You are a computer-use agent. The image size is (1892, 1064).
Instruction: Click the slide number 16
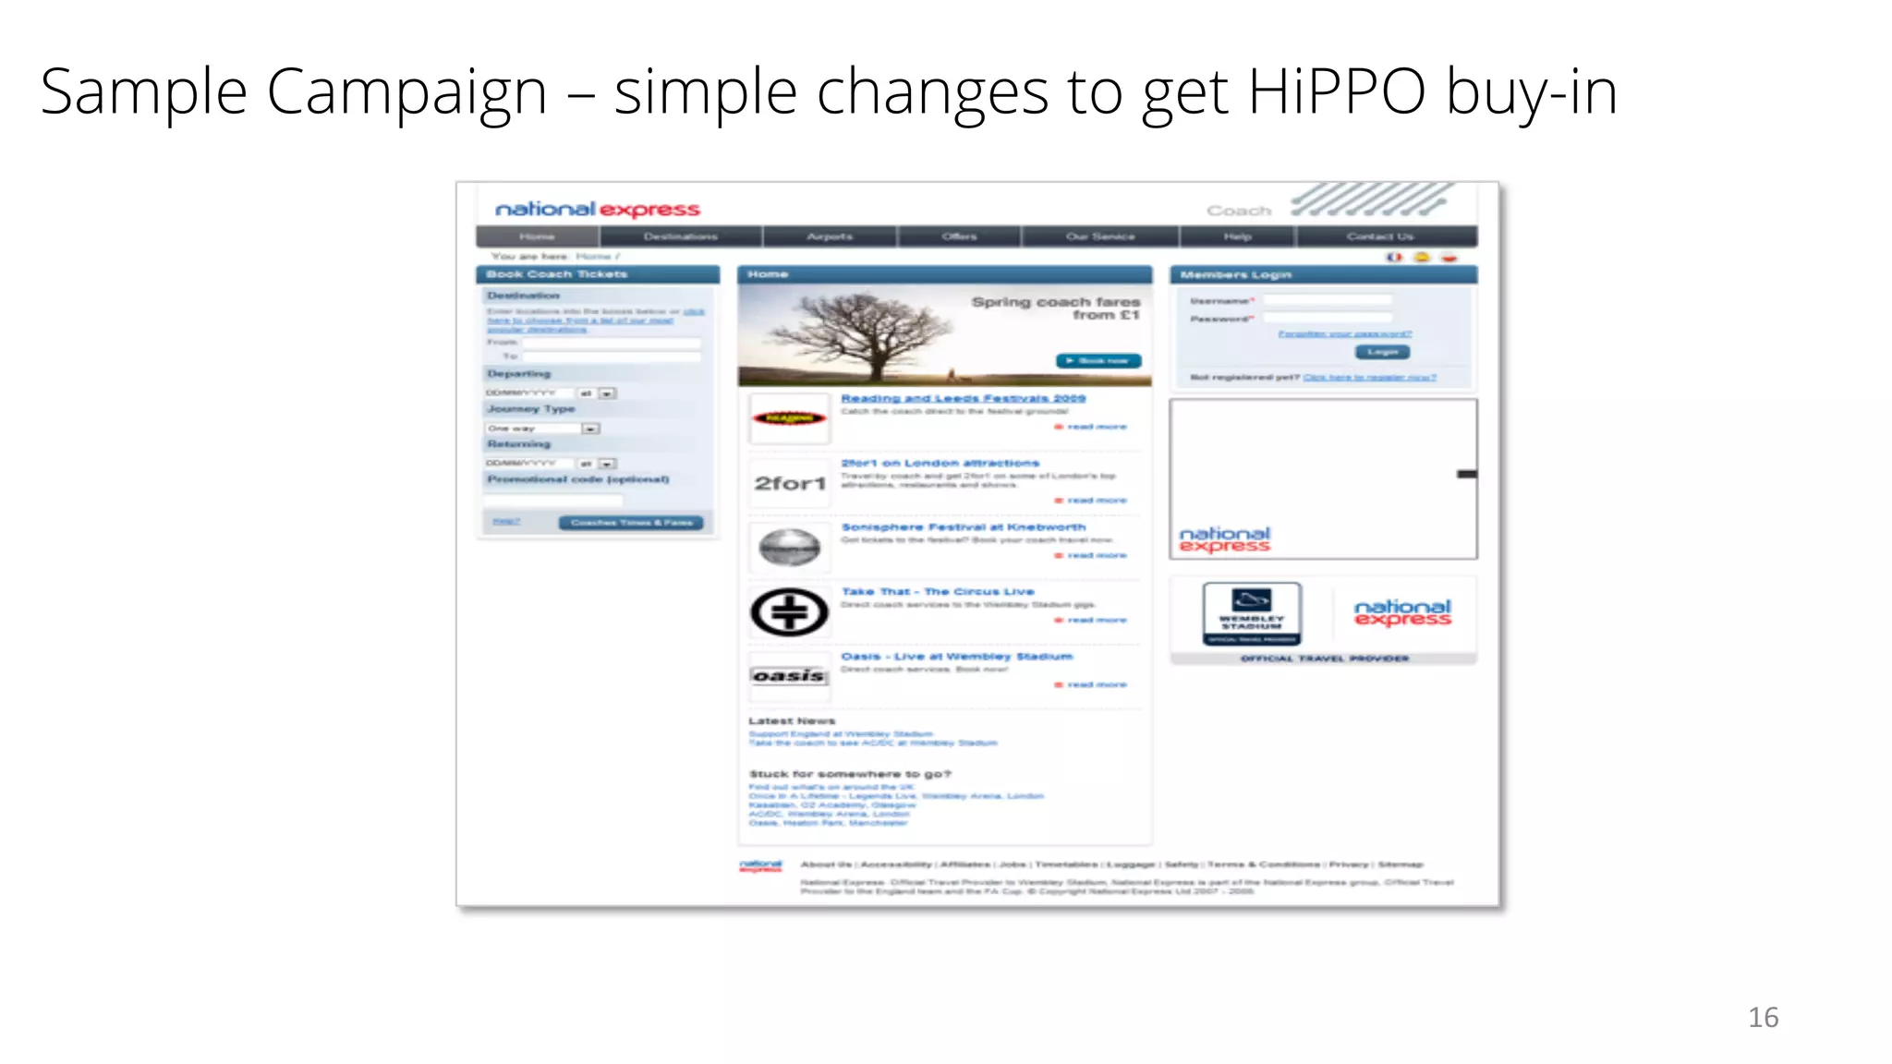tap(1763, 1017)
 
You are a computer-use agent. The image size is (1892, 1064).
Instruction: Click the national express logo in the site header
tap(598, 210)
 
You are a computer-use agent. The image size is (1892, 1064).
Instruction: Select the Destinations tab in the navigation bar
tap(681, 236)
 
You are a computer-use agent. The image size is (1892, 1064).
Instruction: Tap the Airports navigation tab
tap(830, 236)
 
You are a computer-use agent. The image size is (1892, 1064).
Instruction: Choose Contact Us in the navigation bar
tap(1379, 236)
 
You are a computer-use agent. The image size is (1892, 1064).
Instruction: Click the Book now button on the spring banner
tap(1098, 360)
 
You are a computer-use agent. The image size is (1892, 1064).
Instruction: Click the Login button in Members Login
tap(1382, 352)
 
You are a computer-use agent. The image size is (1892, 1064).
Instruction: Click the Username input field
tap(1327, 300)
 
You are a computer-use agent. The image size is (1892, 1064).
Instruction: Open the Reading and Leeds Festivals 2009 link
tap(963, 398)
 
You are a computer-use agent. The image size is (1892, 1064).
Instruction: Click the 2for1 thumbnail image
tap(790, 483)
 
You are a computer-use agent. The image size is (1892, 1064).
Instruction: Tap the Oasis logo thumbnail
tap(788, 676)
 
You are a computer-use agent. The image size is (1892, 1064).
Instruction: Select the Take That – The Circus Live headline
tap(937, 591)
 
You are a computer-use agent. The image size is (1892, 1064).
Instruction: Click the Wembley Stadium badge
tap(1252, 613)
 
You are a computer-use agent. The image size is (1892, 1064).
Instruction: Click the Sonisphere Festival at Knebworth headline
tap(963, 526)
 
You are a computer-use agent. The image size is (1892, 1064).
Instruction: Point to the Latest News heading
tap(792, 720)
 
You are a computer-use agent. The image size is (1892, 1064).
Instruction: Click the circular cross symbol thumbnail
tap(789, 612)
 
